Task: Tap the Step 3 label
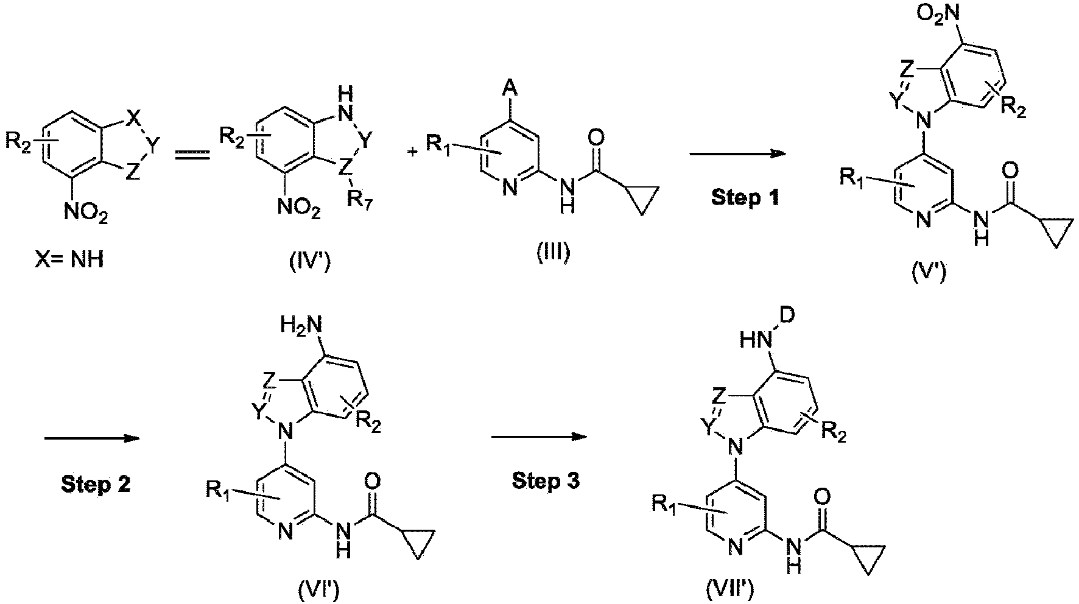coord(546,481)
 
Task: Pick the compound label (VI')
coord(319,589)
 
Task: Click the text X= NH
coord(68,261)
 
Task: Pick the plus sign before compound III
coord(413,152)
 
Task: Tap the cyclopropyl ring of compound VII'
coord(866,562)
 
